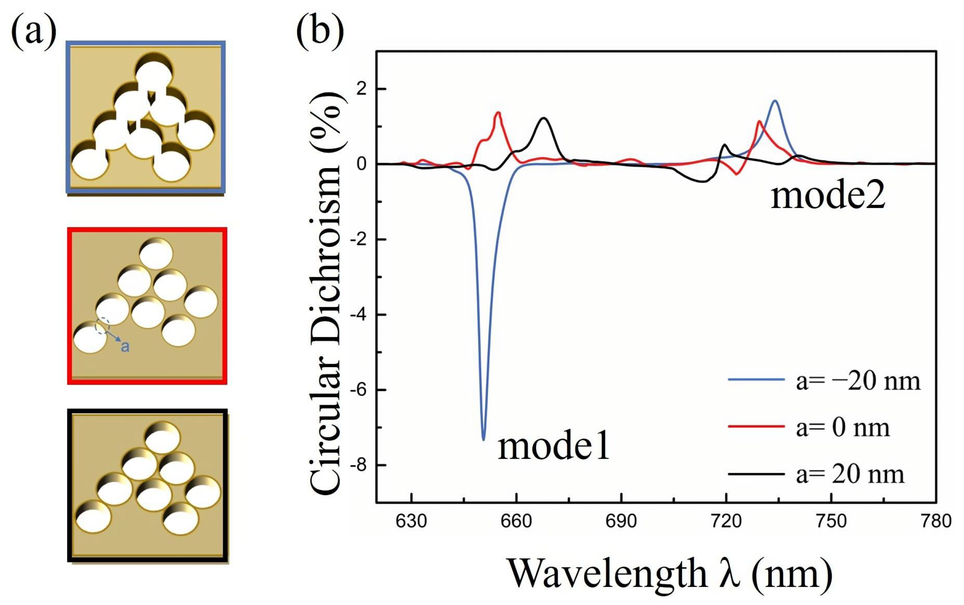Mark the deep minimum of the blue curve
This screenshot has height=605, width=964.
coord(484,439)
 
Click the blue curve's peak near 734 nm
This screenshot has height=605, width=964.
coord(775,101)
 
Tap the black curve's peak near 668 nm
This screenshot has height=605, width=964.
coord(544,118)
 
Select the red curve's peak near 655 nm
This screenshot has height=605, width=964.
coord(498,112)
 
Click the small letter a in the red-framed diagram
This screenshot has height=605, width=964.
coord(125,346)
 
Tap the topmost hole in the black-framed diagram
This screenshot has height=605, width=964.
coord(162,437)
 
